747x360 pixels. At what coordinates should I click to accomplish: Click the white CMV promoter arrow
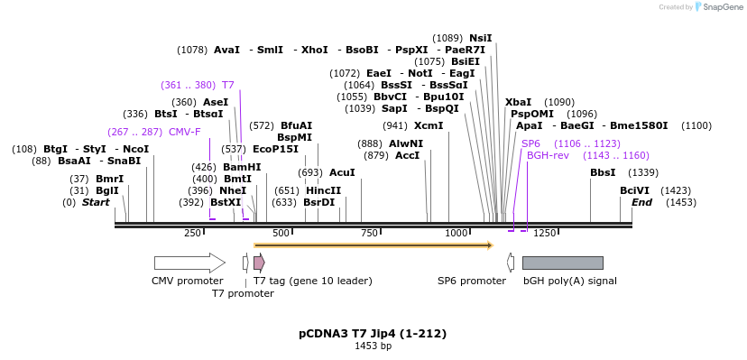[189, 263]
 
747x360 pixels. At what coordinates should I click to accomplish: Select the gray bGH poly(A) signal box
[562, 263]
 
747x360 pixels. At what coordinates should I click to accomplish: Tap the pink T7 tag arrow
[259, 263]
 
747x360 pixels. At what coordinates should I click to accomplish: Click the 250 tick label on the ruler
[192, 233]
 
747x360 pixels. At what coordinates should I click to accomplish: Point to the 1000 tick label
[457, 233]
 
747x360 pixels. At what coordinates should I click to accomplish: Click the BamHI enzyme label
[242, 167]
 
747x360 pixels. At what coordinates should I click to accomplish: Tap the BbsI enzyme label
[603, 172]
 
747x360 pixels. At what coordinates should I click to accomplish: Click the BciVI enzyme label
[634, 190]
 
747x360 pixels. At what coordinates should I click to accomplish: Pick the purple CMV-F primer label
[185, 132]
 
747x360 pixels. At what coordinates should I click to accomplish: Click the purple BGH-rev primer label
[549, 155]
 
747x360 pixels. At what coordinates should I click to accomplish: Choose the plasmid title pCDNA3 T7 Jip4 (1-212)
[373, 334]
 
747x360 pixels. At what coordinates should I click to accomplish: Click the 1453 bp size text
[373, 346]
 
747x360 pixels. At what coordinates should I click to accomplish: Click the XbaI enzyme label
[518, 102]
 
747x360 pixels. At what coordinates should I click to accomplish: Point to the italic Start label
[96, 202]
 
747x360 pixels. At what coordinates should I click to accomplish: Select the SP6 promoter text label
[472, 281]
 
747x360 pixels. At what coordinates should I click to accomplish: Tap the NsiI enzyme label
[481, 38]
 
